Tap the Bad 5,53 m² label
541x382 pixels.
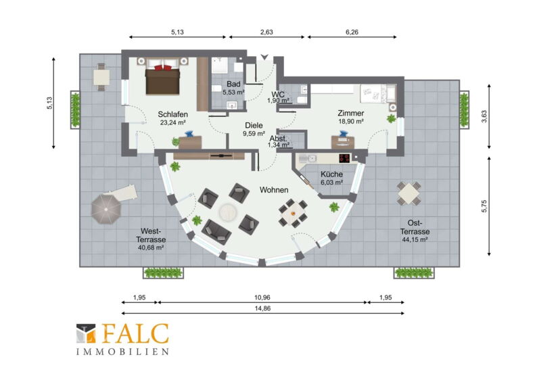point(233,88)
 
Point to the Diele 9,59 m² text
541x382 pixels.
point(254,129)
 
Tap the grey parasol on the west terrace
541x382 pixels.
point(106,209)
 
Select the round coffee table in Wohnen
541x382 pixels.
point(228,211)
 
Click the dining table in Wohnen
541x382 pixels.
point(293,213)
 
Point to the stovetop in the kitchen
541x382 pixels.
point(344,158)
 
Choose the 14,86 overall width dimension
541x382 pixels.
point(262,308)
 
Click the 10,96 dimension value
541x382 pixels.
point(262,297)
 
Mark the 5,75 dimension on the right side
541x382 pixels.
point(484,206)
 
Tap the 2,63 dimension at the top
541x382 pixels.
point(266,32)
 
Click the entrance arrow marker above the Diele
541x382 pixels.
point(264,57)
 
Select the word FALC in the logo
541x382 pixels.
point(135,333)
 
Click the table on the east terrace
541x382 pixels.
point(408,193)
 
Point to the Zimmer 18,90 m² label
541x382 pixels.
point(351,117)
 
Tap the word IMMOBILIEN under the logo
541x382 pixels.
point(122,352)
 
